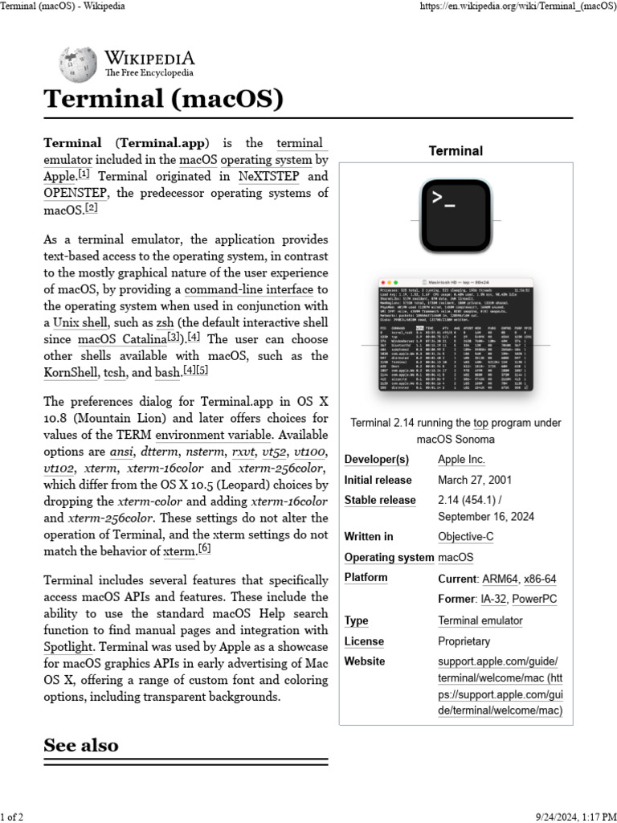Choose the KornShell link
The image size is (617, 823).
[x=71, y=373]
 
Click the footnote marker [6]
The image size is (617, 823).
[x=204, y=548]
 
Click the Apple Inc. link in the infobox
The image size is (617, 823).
[x=461, y=460]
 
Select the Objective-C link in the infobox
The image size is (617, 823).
[x=466, y=537]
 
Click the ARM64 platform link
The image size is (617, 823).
[x=499, y=579]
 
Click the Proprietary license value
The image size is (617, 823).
[x=464, y=641]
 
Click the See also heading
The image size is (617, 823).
[x=81, y=745]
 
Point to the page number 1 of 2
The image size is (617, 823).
[x=12, y=817]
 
